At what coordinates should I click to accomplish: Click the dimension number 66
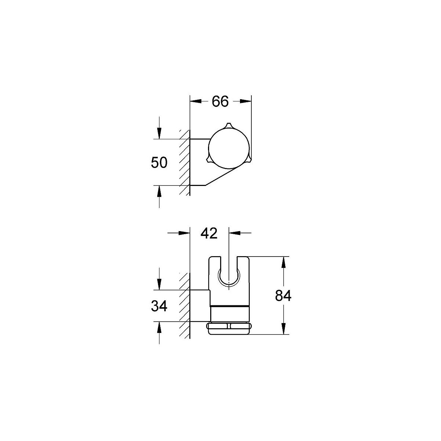coord(220,101)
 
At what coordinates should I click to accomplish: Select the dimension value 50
coord(159,163)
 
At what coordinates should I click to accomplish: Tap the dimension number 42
coord(209,234)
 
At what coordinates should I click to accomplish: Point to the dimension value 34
coord(159,306)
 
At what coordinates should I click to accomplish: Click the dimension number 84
coord(283,295)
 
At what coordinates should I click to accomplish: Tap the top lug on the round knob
coord(228,126)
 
